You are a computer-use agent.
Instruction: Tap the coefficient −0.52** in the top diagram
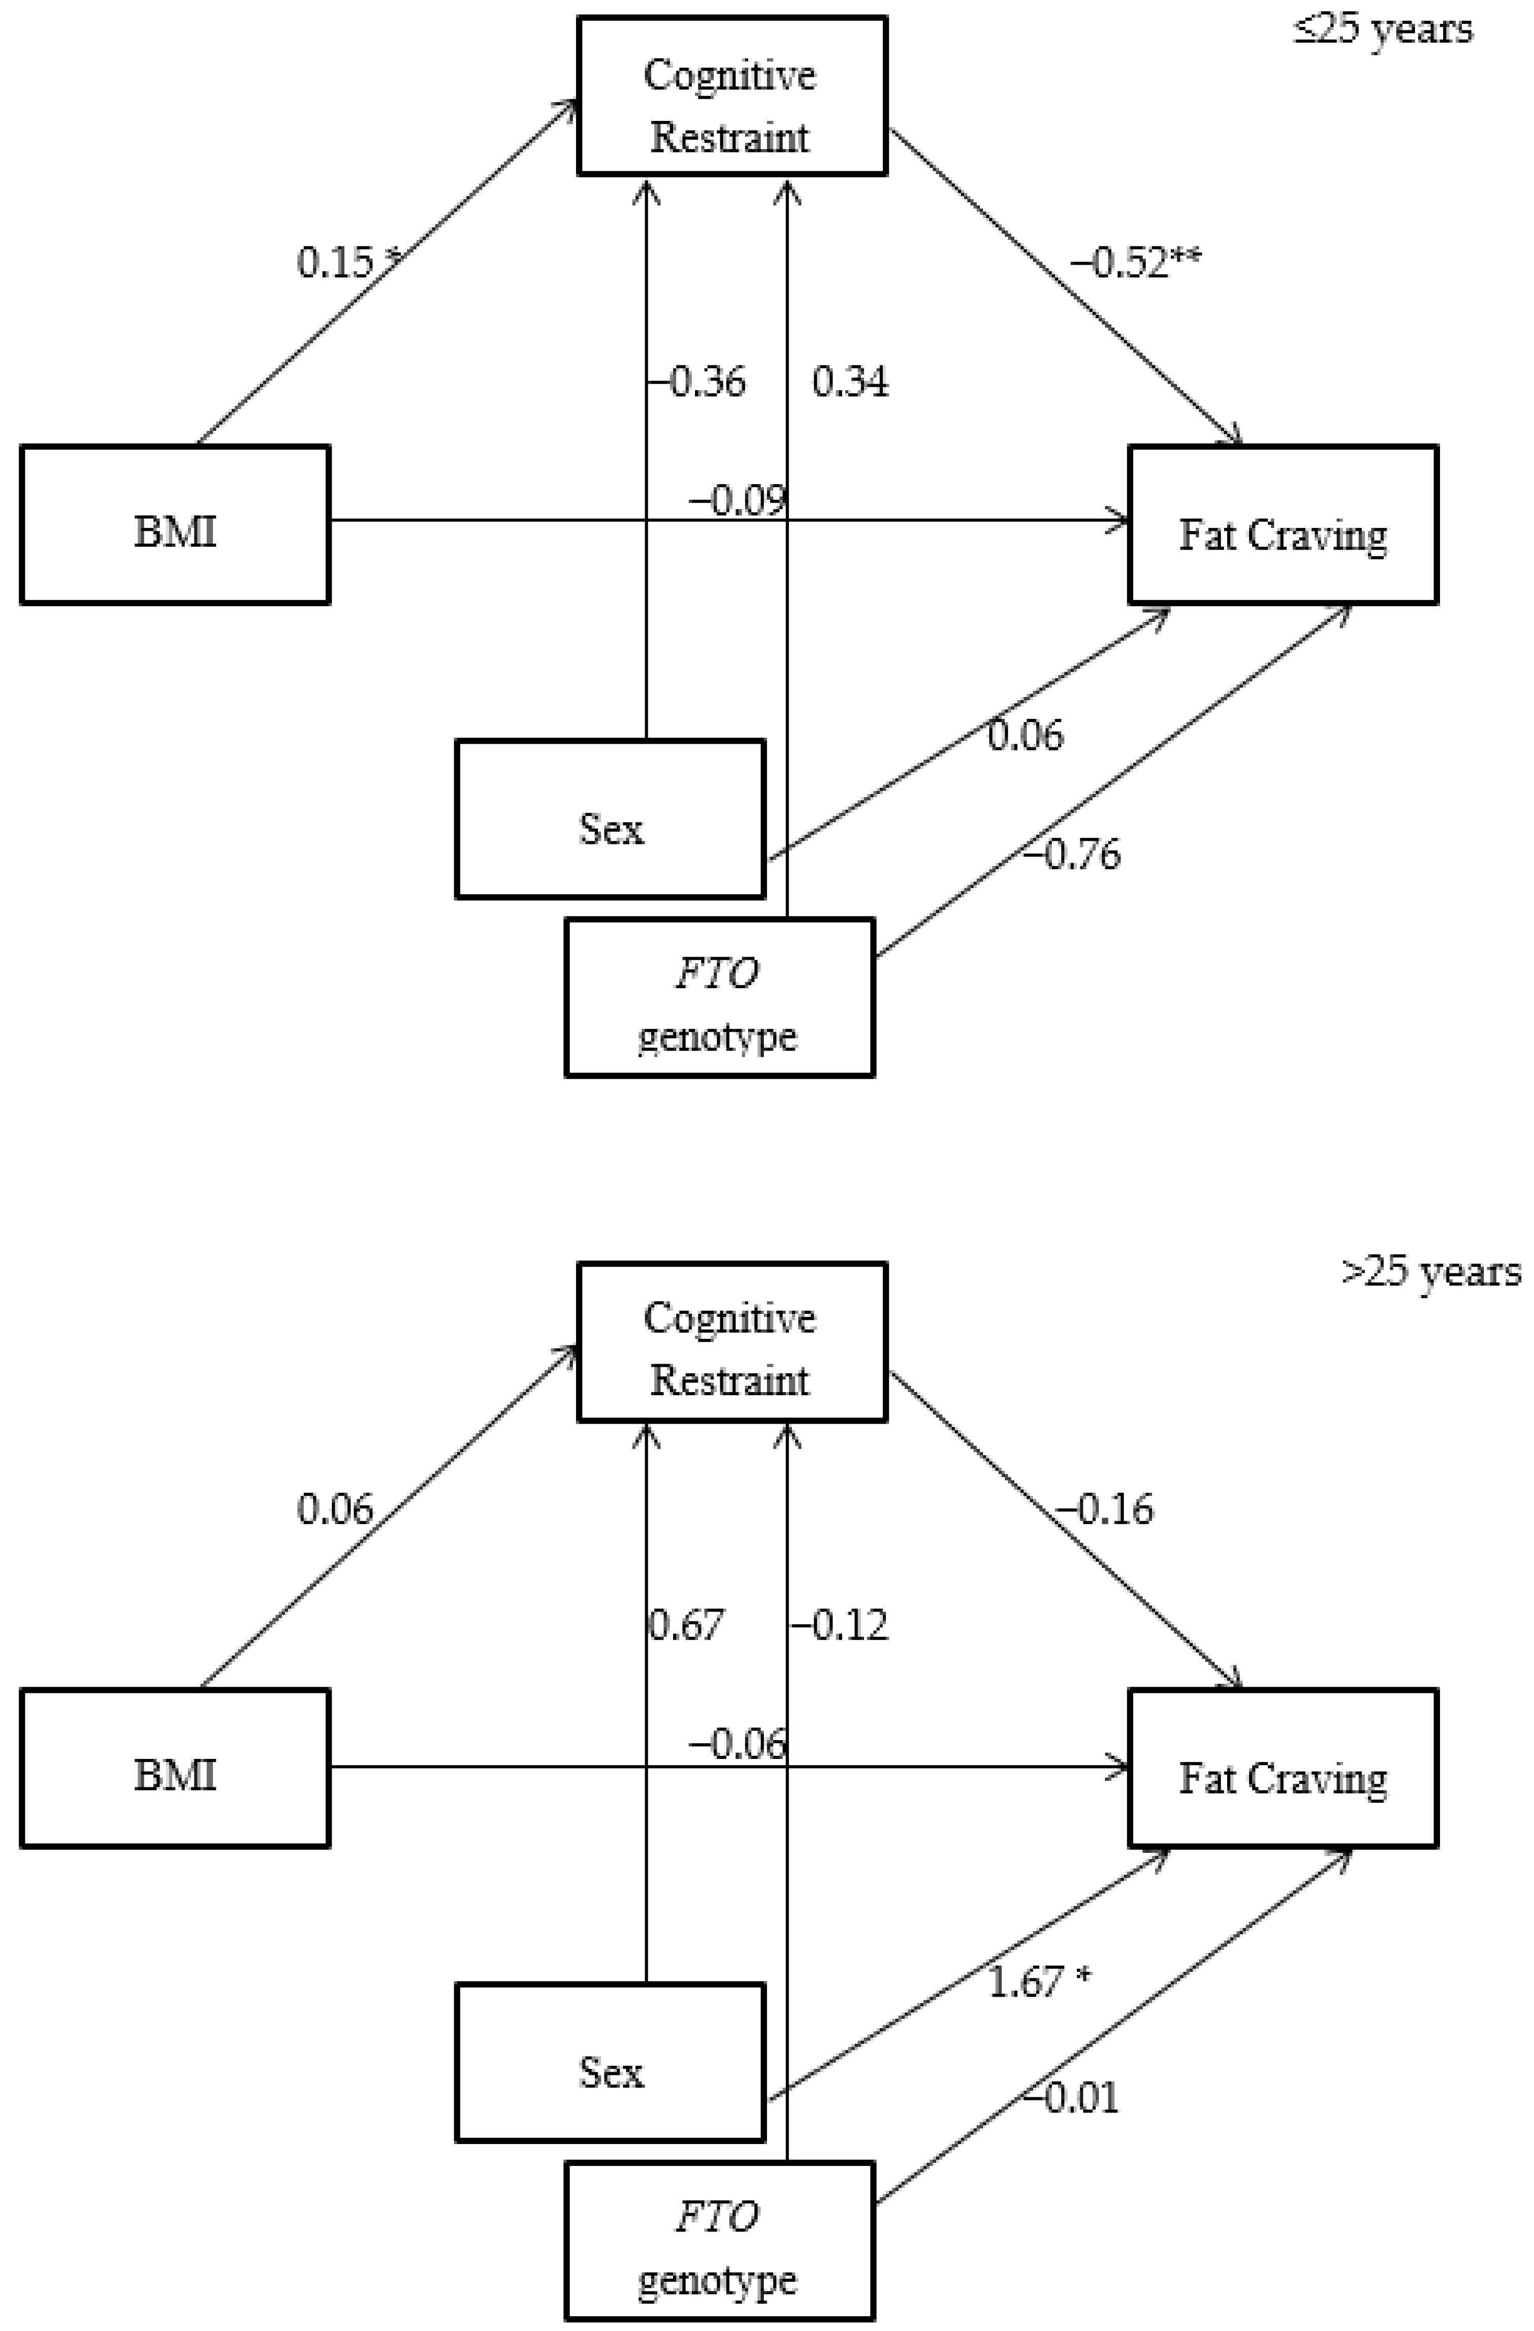coord(1136,263)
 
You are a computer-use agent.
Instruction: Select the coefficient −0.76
coord(1072,854)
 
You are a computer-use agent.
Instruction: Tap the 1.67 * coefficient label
coord(1038,1981)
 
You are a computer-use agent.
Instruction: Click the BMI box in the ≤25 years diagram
coord(175,525)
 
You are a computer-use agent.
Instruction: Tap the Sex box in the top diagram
coord(610,819)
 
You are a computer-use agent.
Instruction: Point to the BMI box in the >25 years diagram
coord(175,1769)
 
